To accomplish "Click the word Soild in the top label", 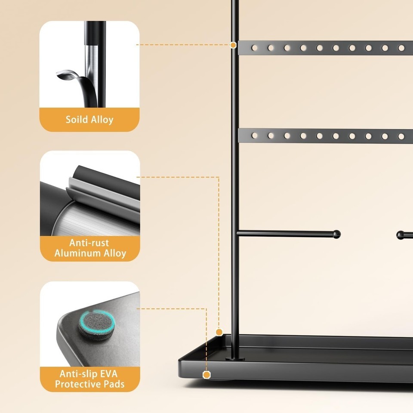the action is click(77, 120).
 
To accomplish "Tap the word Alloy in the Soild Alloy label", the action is click(102, 120).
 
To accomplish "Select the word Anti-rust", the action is click(89, 243).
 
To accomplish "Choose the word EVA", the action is click(108, 374).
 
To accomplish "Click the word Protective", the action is click(78, 384).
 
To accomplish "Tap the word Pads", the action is click(114, 384).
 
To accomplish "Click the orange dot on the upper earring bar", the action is click(233, 45).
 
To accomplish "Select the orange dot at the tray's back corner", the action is click(219, 332).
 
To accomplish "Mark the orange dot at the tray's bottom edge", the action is click(207, 375).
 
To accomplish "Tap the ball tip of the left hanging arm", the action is click(336, 234).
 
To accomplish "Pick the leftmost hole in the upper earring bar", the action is click(254, 48).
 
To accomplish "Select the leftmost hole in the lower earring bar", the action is click(254, 136).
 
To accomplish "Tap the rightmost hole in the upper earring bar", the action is click(401, 48).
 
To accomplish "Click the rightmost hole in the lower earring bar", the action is click(401, 136).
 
